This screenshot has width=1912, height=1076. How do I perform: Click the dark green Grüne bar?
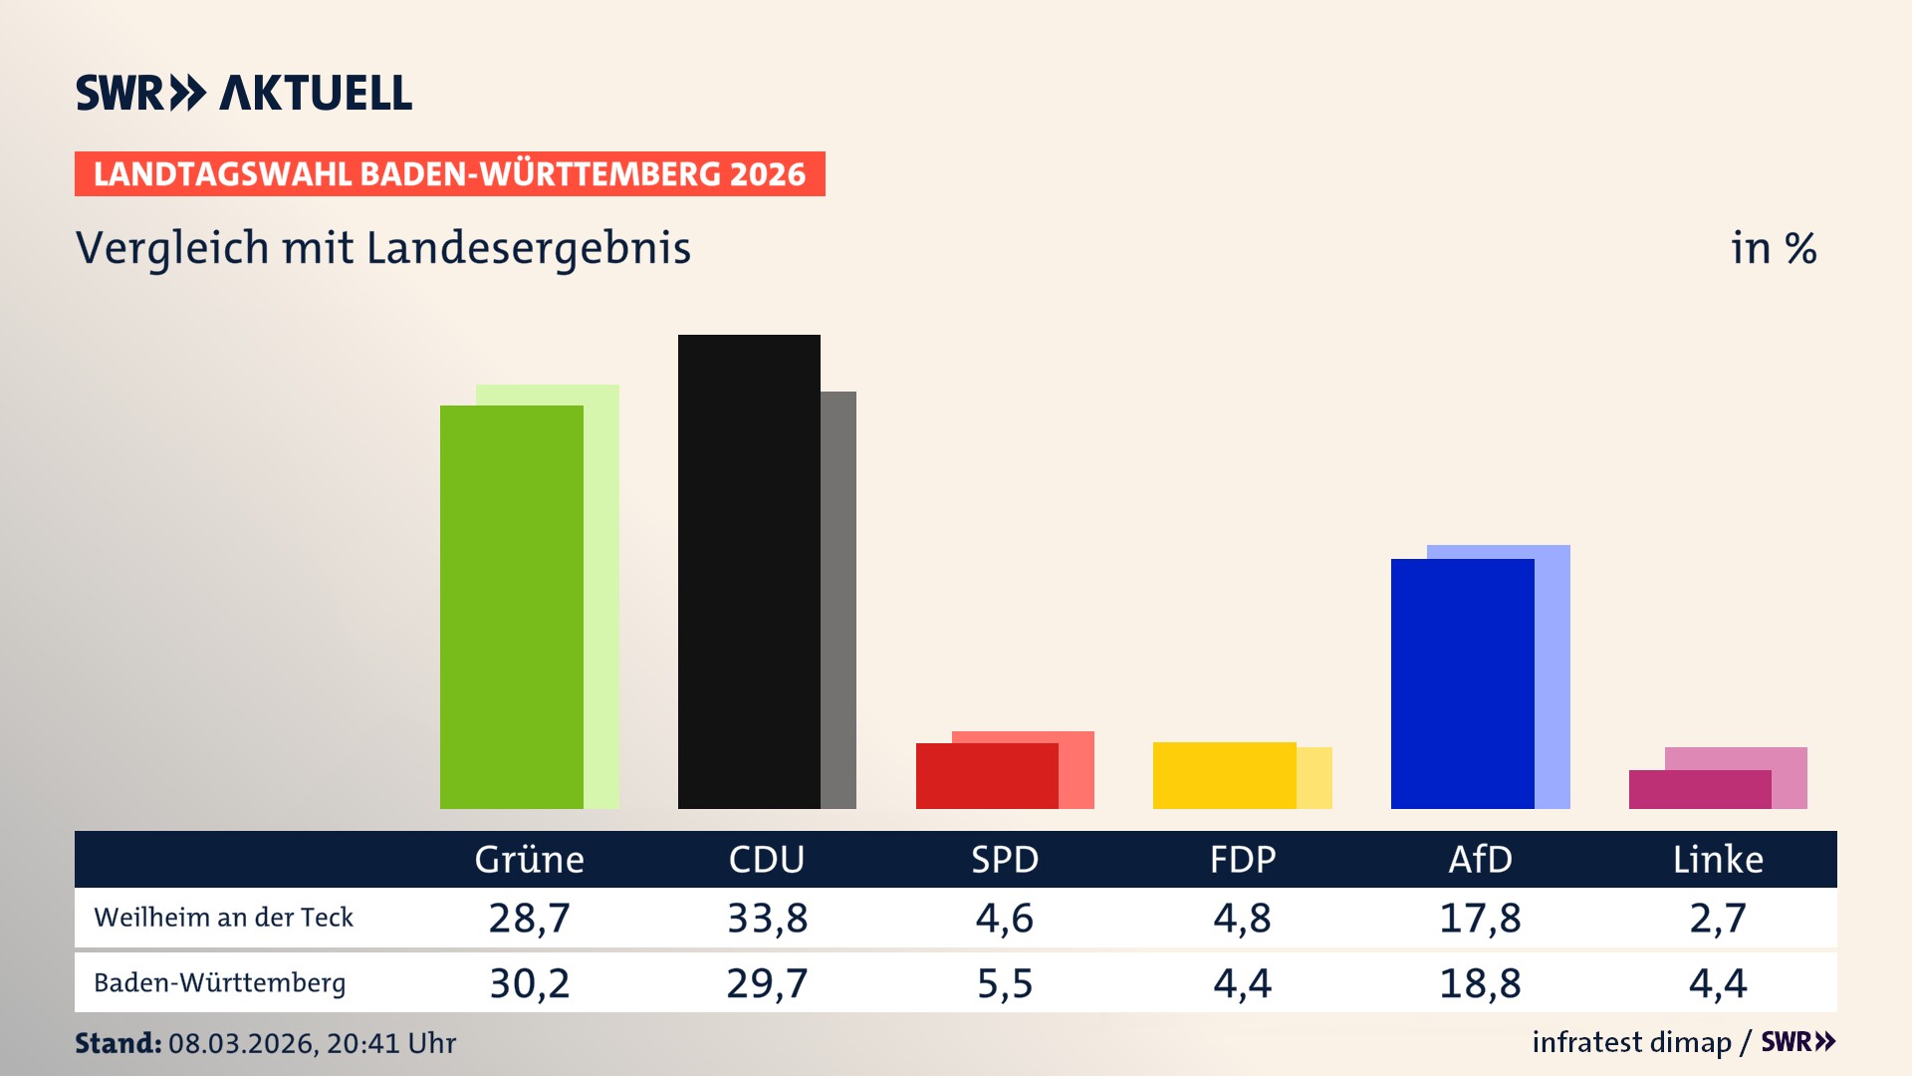511,608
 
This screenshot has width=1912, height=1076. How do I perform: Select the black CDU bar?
749,572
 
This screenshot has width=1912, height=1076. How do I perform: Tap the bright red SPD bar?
986,776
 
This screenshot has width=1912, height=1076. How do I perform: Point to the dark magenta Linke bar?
1699,789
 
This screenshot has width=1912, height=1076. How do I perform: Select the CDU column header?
766,859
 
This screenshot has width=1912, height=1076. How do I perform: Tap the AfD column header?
1480,859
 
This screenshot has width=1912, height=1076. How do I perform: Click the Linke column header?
1717,859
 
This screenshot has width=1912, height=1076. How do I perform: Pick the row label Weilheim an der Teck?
223,918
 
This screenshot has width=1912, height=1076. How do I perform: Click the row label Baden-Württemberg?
219,983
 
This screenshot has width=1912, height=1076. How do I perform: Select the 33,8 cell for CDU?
767,918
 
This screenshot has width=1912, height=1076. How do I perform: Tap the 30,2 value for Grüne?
529,983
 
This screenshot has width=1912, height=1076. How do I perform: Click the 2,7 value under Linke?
1717,918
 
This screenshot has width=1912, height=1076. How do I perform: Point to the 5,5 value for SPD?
1004,983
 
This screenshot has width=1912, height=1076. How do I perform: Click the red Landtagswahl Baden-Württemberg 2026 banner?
449,173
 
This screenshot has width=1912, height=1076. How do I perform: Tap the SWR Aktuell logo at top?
243,93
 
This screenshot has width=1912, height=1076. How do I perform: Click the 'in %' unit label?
1773,248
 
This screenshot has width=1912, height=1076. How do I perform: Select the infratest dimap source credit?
1631,1042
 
